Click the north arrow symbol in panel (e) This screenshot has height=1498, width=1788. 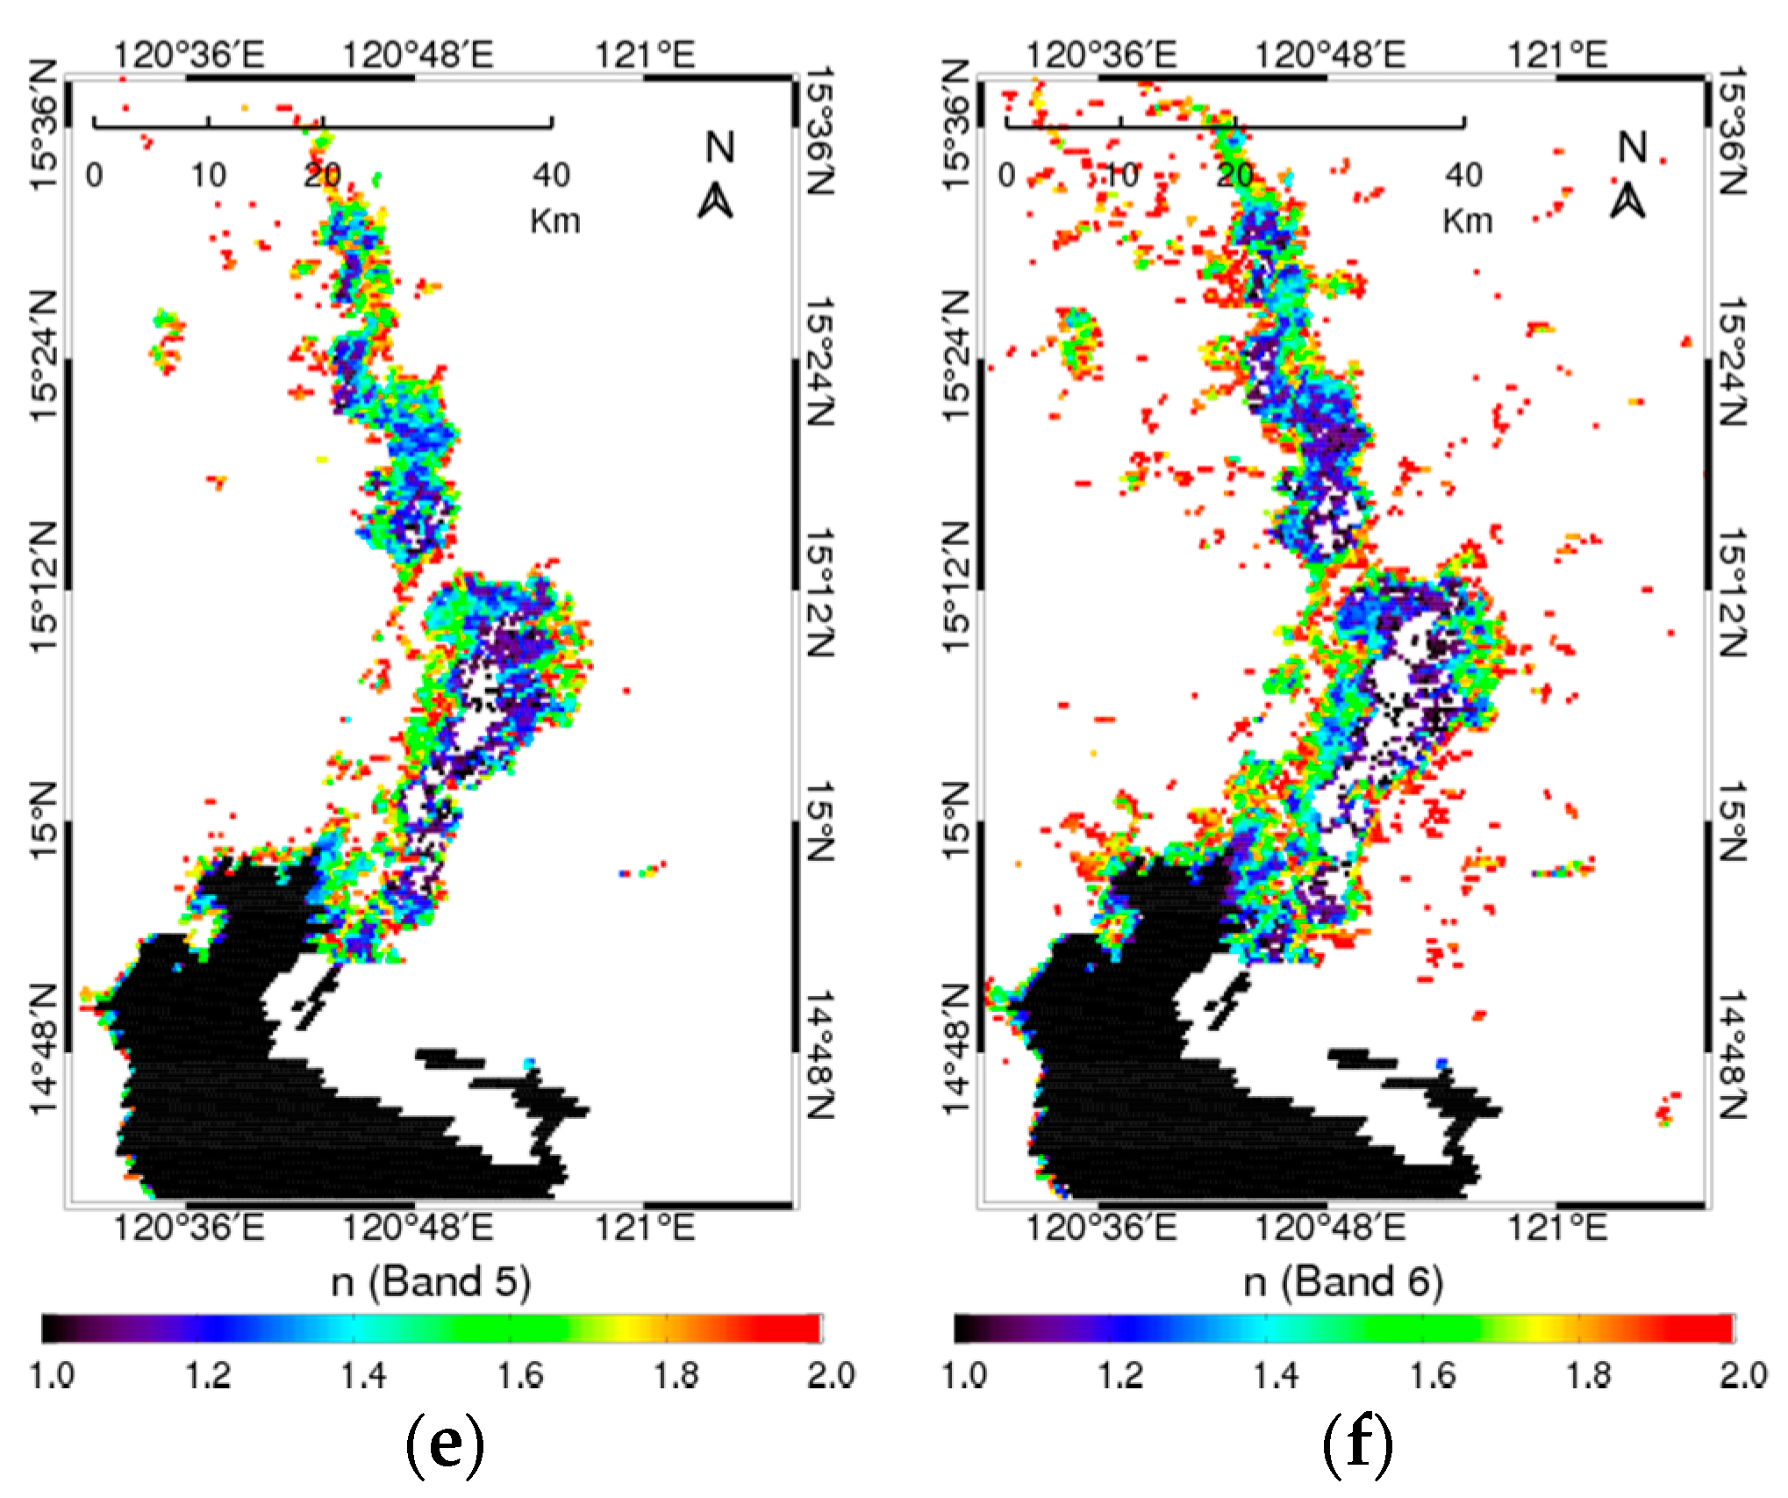tap(716, 202)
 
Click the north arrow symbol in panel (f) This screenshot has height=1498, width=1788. tap(1628, 202)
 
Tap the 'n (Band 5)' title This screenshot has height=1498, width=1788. tap(431, 1282)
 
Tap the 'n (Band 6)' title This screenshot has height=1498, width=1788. tap(1343, 1282)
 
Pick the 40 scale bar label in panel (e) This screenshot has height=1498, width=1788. tap(551, 176)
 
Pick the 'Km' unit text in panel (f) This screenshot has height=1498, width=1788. tap(1467, 221)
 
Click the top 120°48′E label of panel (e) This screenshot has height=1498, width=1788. tap(418, 56)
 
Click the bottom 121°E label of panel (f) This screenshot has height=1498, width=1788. tap(1557, 1227)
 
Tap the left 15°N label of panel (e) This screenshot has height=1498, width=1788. tap(44, 821)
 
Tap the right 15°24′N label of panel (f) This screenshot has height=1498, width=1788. tap(1731, 362)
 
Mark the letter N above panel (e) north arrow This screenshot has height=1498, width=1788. tap(719, 147)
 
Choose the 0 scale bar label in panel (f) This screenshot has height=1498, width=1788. tap(1006, 176)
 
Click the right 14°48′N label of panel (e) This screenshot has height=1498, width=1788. tap(819, 1056)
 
